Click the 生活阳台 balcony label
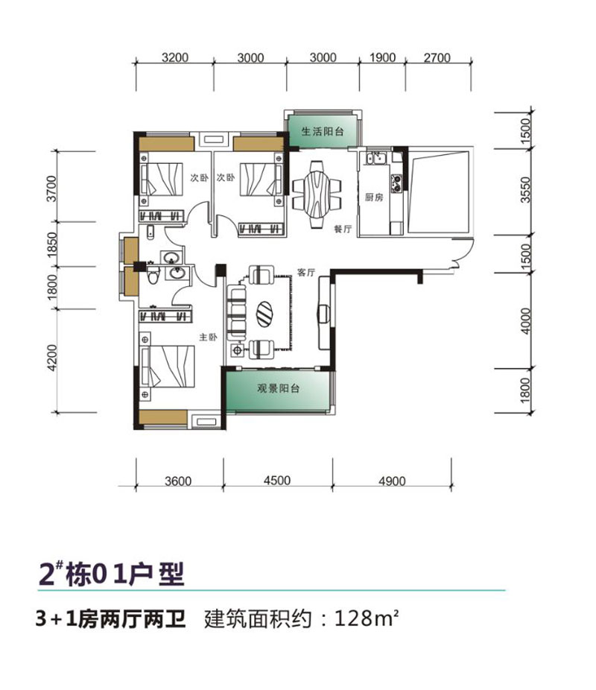pos(322,131)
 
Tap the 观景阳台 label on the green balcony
pos(278,389)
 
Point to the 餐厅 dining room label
pos(342,230)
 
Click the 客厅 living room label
pos(306,273)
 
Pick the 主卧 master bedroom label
pos(206,337)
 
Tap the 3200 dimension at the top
pos(174,58)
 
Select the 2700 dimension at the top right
pos(437,58)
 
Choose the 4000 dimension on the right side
pos(527,322)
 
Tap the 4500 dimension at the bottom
pos(277,481)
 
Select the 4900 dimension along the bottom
pos(392,481)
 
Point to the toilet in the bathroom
pos(154,276)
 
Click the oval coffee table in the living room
pos(266,312)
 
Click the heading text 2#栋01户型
pos(111,575)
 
